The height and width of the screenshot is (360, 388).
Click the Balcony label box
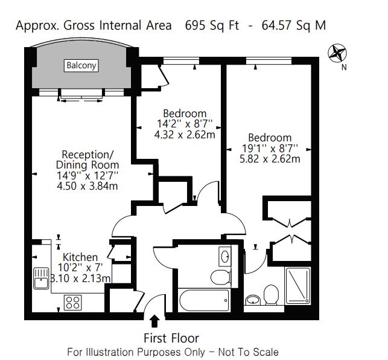point(81,66)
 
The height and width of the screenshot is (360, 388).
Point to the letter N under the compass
point(344,68)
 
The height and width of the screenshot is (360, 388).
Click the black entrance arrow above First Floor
point(154,320)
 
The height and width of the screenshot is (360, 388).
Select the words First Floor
point(171,338)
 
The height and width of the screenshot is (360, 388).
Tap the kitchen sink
point(41,278)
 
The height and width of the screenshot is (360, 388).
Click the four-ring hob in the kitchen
point(73,301)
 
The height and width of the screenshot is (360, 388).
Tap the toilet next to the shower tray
point(271,295)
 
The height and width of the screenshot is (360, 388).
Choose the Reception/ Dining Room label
point(87,159)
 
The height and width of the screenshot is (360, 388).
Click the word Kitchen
point(80,257)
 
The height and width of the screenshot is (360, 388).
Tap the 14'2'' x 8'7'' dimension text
point(185,124)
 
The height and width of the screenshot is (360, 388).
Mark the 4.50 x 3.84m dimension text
point(87,185)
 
